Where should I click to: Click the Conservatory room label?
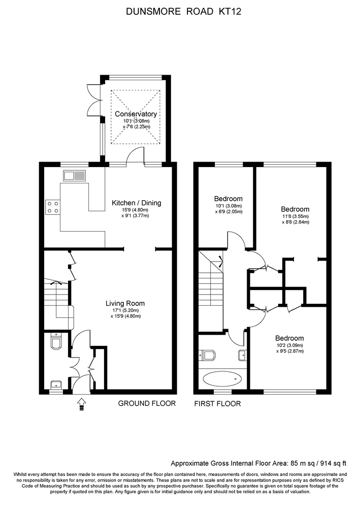coord(136,114)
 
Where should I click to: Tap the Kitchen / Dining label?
coord(136,203)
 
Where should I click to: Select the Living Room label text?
coord(125,303)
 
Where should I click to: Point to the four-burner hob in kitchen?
coord(53,207)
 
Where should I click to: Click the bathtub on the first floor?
coord(222,378)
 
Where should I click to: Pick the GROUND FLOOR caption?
coord(147,403)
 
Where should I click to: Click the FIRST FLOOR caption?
coord(217,403)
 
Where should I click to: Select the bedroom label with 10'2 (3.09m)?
coord(289,338)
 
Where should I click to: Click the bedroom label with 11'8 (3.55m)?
coord(295,209)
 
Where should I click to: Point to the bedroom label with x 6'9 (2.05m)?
coord(228,211)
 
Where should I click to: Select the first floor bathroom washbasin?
coord(242,355)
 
